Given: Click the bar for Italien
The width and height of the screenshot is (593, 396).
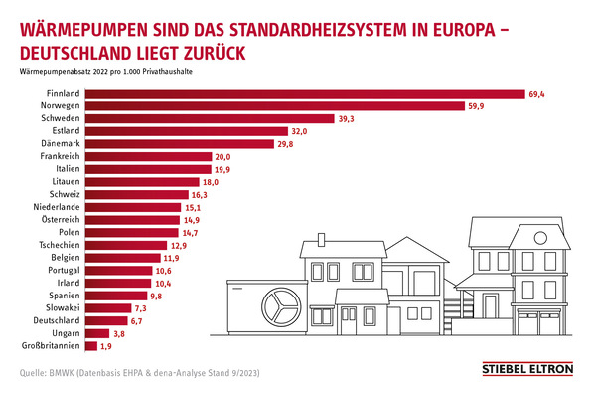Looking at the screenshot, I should (148, 169).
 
